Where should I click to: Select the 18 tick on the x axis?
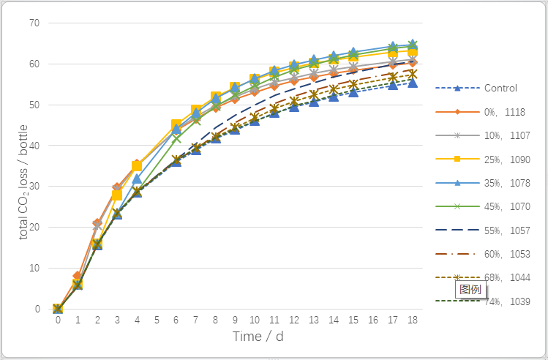point(413,320)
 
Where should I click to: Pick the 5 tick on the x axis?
point(157,320)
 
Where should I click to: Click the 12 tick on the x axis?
point(294,320)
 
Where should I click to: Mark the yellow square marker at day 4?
point(137,167)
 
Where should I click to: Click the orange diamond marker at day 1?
point(78,277)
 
